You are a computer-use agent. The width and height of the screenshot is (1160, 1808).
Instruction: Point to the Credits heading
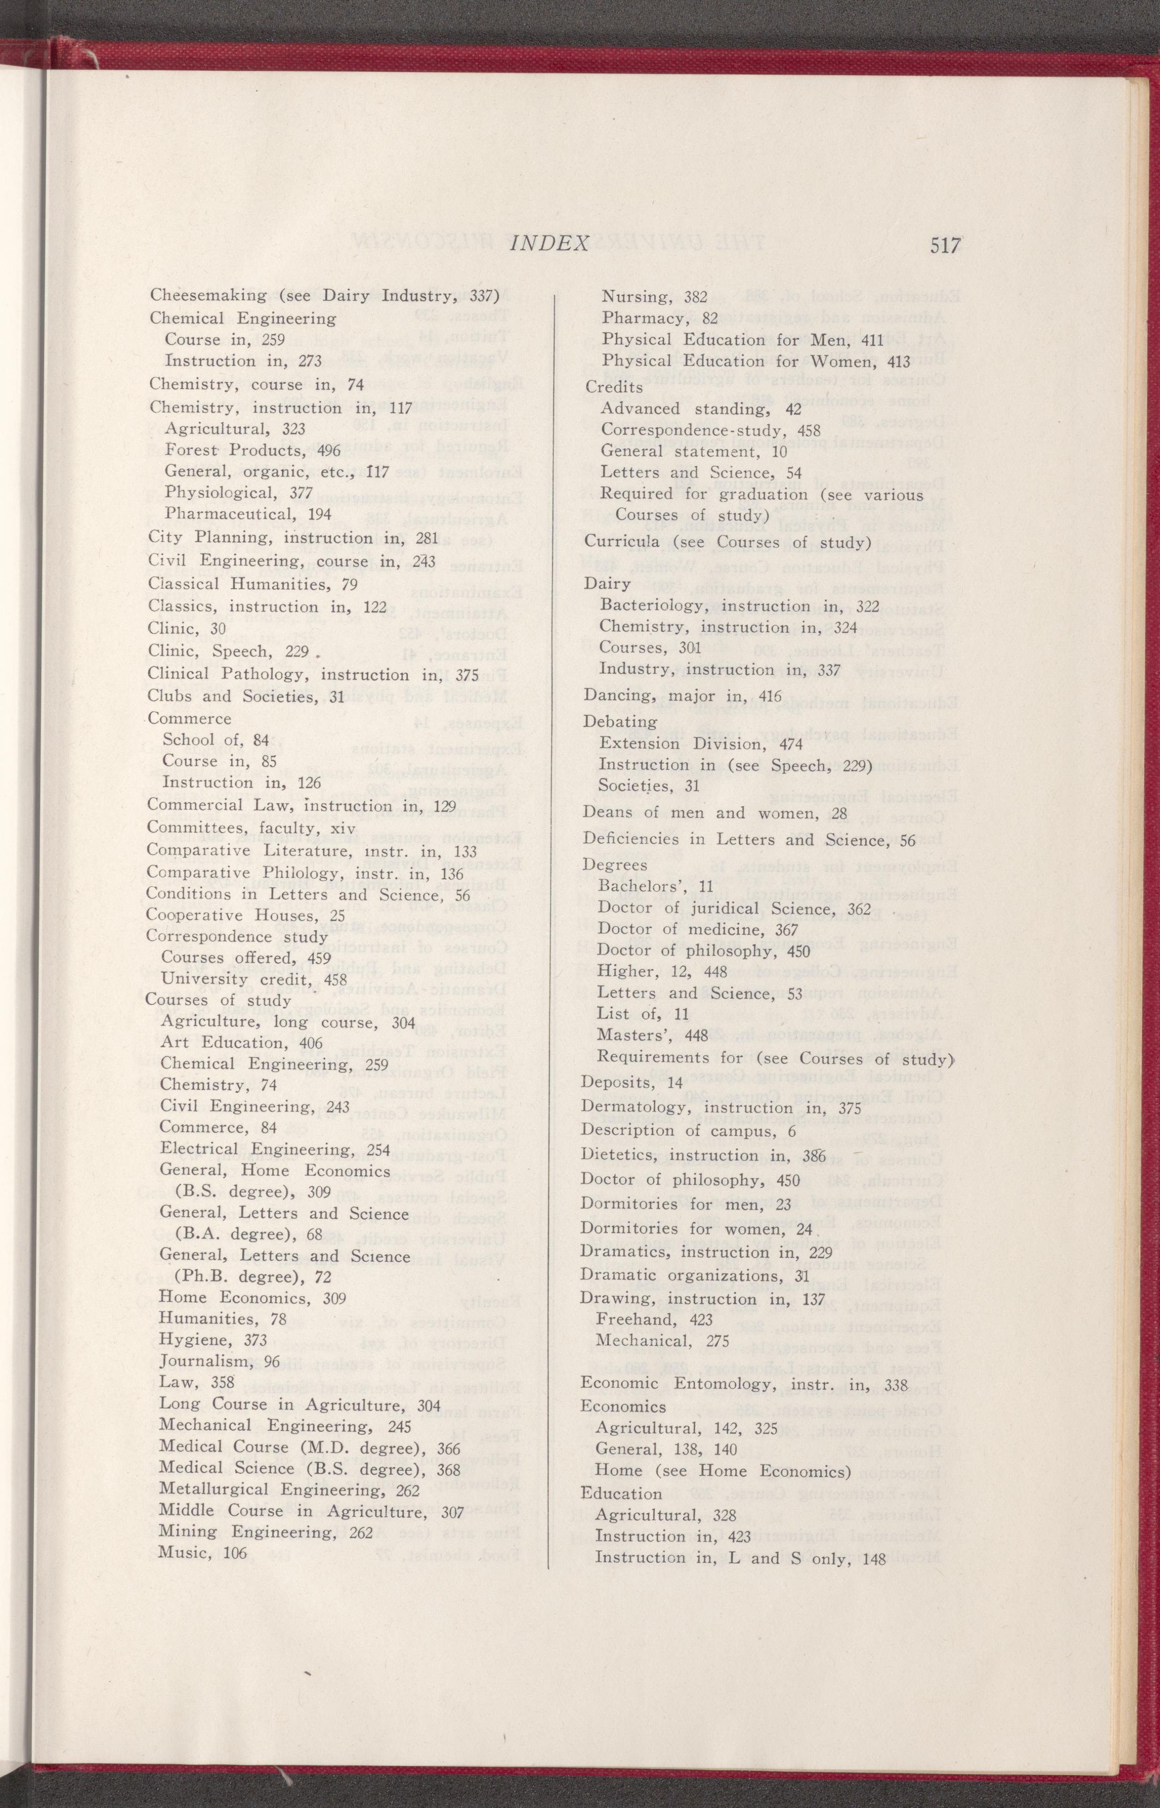click(614, 387)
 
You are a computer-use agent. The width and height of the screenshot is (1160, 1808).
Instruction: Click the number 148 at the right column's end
click(875, 1532)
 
